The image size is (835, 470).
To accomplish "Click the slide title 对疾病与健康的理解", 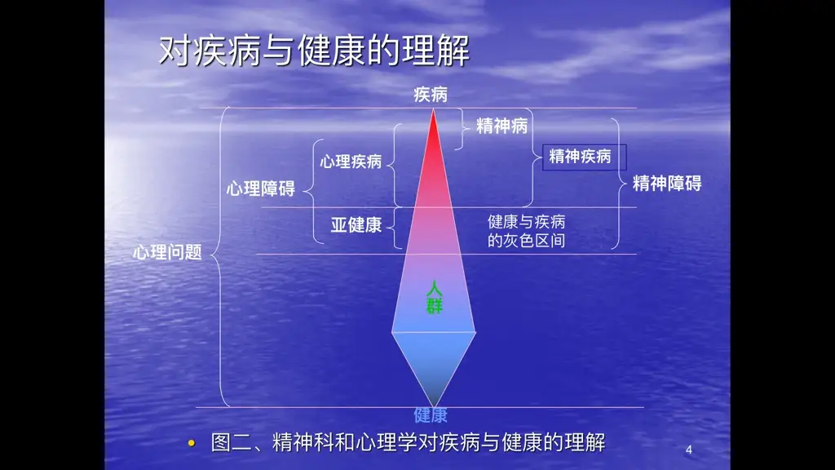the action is click(314, 51).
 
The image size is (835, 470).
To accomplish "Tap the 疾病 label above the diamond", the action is click(431, 95).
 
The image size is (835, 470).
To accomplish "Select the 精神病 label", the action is click(501, 126).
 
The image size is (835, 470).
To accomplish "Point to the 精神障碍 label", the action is click(667, 184).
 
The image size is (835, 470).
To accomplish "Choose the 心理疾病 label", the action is click(351, 162).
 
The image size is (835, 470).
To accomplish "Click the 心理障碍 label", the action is click(260, 188).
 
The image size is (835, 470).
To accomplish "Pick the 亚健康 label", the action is click(356, 225).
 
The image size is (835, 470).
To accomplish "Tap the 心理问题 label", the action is click(167, 251).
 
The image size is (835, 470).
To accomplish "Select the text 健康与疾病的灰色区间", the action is click(526, 231).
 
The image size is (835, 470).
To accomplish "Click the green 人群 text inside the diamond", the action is click(434, 297).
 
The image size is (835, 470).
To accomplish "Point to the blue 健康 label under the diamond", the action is click(431, 415).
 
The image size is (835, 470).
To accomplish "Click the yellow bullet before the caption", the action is click(192, 443).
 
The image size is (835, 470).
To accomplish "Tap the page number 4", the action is click(688, 450).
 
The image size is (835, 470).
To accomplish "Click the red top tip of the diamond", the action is click(434, 110).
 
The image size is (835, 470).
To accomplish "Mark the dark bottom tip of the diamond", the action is click(434, 406).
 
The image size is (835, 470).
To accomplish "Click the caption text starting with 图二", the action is click(408, 442).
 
